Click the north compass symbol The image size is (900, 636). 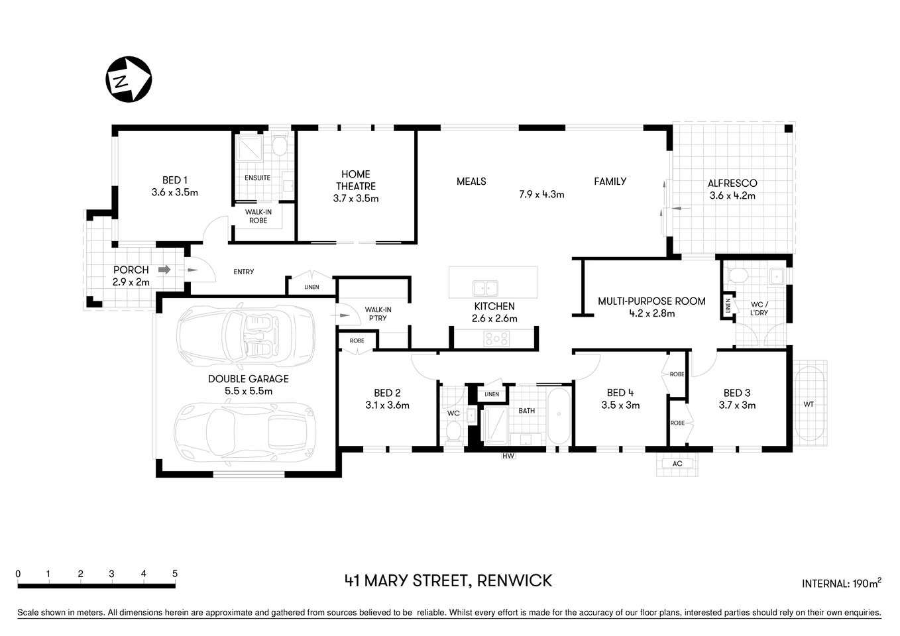click(x=129, y=79)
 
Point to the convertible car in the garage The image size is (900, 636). click(x=247, y=338)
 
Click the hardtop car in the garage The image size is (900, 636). click(x=245, y=433)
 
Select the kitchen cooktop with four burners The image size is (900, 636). click(x=496, y=339)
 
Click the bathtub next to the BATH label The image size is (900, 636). click(x=558, y=416)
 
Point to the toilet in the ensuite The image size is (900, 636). click(x=280, y=145)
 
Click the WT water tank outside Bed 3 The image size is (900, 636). click(x=809, y=404)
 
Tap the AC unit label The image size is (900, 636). click(x=677, y=463)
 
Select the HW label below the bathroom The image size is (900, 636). click(x=508, y=456)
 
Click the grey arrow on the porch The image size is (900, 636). click(x=164, y=270)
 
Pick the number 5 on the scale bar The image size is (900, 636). click(x=175, y=574)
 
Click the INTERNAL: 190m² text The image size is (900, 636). click(x=841, y=583)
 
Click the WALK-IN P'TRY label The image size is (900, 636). click(x=378, y=313)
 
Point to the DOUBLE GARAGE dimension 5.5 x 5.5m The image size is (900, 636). click(x=249, y=391)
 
